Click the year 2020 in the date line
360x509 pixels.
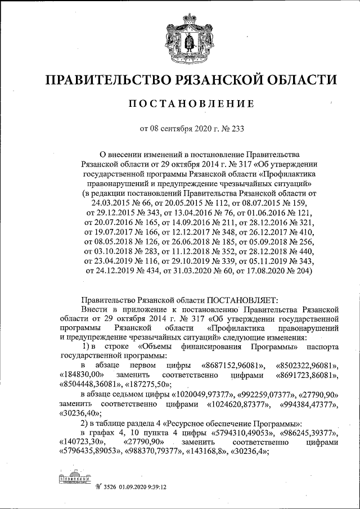coord(196,128)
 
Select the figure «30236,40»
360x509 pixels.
coord(80,412)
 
